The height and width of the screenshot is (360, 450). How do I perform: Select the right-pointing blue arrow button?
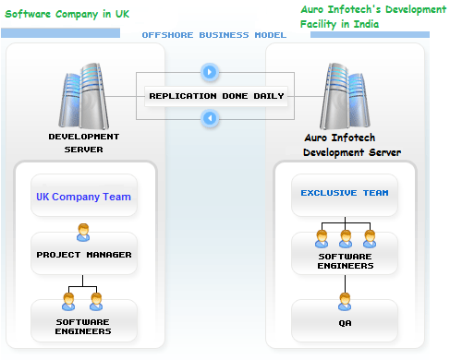[x=210, y=71]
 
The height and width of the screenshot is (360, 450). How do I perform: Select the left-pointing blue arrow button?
[x=210, y=118]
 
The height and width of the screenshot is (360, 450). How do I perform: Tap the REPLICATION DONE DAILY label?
[x=216, y=96]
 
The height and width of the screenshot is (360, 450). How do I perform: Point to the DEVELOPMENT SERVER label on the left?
[x=84, y=142]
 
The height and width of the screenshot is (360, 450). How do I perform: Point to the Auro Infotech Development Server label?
[x=351, y=145]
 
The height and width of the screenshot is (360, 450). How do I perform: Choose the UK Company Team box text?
[x=83, y=197]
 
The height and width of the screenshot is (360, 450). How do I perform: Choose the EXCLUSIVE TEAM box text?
[x=344, y=194]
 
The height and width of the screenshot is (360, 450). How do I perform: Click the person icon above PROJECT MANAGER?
[x=83, y=232]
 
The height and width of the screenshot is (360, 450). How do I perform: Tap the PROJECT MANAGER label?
[x=83, y=254]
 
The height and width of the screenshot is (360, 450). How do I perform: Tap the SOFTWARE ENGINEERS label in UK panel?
[x=83, y=326]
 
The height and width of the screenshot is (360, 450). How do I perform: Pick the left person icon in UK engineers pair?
[x=69, y=301]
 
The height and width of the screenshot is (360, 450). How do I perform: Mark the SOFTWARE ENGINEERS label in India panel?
[x=346, y=260]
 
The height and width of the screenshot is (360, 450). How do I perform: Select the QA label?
[x=346, y=322]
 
